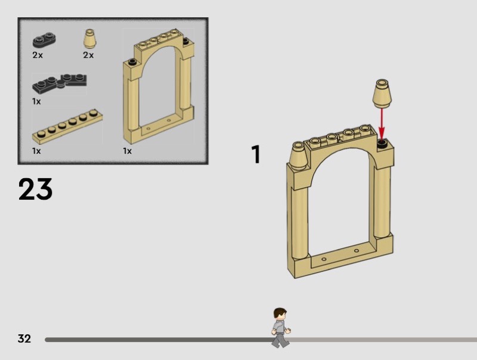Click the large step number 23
(x=35, y=189)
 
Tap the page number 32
(x=24, y=339)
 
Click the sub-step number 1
(x=256, y=154)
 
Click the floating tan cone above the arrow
(x=382, y=94)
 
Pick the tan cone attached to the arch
(x=299, y=156)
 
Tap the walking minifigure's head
(x=280, y=314)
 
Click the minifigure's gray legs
(x=280, y=340)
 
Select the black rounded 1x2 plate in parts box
(x=44, y=40)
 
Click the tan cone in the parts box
(x=89, y=39)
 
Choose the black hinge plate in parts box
(x=60, y=83)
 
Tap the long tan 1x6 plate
(x=67, y=126)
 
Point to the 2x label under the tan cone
(x=88, y=55)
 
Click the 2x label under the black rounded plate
(x=38, y=55)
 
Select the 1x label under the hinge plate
(x=36, y=101)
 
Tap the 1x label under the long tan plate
(x=36, y=151)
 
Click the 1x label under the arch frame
(x=128, y=151)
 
